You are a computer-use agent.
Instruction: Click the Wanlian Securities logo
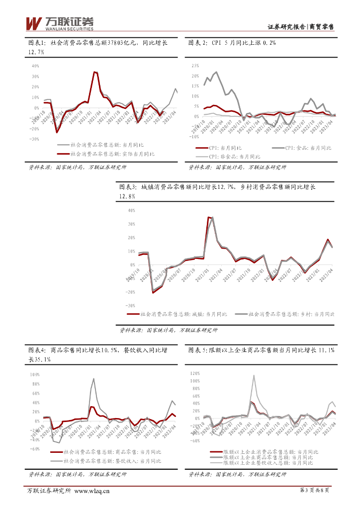click(59, 23)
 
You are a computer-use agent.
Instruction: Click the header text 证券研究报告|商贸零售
click(300, 26)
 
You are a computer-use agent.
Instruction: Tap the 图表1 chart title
click(97, 47)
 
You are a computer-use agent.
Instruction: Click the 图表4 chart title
click(97, 355)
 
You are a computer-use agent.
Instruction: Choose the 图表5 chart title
click(262, 350)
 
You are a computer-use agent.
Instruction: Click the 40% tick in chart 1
click(35, 66)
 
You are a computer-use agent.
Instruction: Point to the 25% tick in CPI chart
click(195, 66)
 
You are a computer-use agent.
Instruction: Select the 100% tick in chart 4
click(34, 374)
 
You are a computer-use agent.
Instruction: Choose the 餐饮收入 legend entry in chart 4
click(105, 461)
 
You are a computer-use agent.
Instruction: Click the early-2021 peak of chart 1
click(95, 72)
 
